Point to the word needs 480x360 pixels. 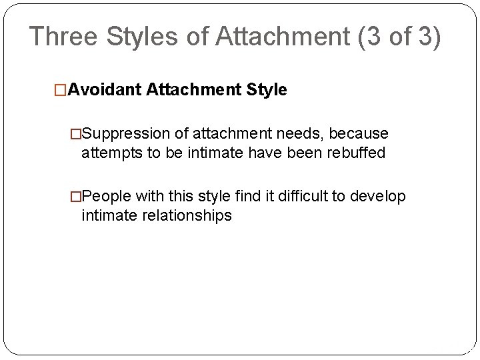(302, 135)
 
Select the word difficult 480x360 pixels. (304, 197)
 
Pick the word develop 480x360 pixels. (378, 197)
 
